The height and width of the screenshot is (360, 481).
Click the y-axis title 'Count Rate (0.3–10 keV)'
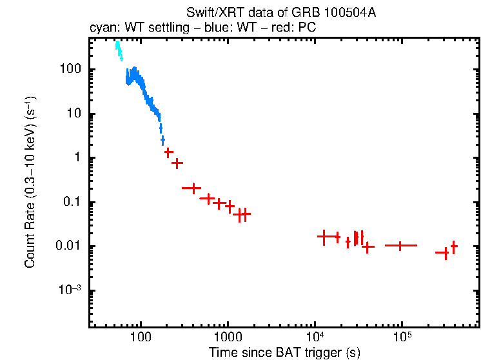(30, 183)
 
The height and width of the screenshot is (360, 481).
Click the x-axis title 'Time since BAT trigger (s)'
(284, 352)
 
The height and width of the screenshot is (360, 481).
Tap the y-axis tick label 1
(77, 158)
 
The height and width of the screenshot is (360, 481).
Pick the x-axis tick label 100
(141, 337)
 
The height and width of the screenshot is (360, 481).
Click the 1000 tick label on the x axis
(228, 337)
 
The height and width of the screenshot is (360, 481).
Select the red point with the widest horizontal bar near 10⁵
(400, 246)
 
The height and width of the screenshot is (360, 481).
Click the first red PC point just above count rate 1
(169, 152)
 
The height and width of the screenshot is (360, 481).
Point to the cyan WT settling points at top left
(119, 50)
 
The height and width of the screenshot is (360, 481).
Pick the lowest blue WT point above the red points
(162, 139)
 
